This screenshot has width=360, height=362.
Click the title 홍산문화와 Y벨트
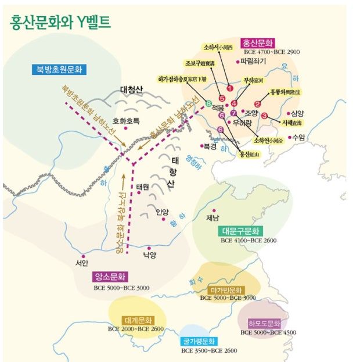coord(60,22)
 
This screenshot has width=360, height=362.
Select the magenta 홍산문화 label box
coord(258,42)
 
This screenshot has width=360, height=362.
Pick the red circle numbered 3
coord(265,115)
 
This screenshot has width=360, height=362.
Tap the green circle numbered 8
coord(208,103)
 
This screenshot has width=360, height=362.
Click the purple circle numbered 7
coord(233,113)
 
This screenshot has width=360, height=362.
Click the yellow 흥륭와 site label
coord(285,92)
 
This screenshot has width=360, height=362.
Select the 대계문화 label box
coord(137,320)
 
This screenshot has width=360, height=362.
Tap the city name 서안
coord(81,263)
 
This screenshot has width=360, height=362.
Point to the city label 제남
coord(213,218)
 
